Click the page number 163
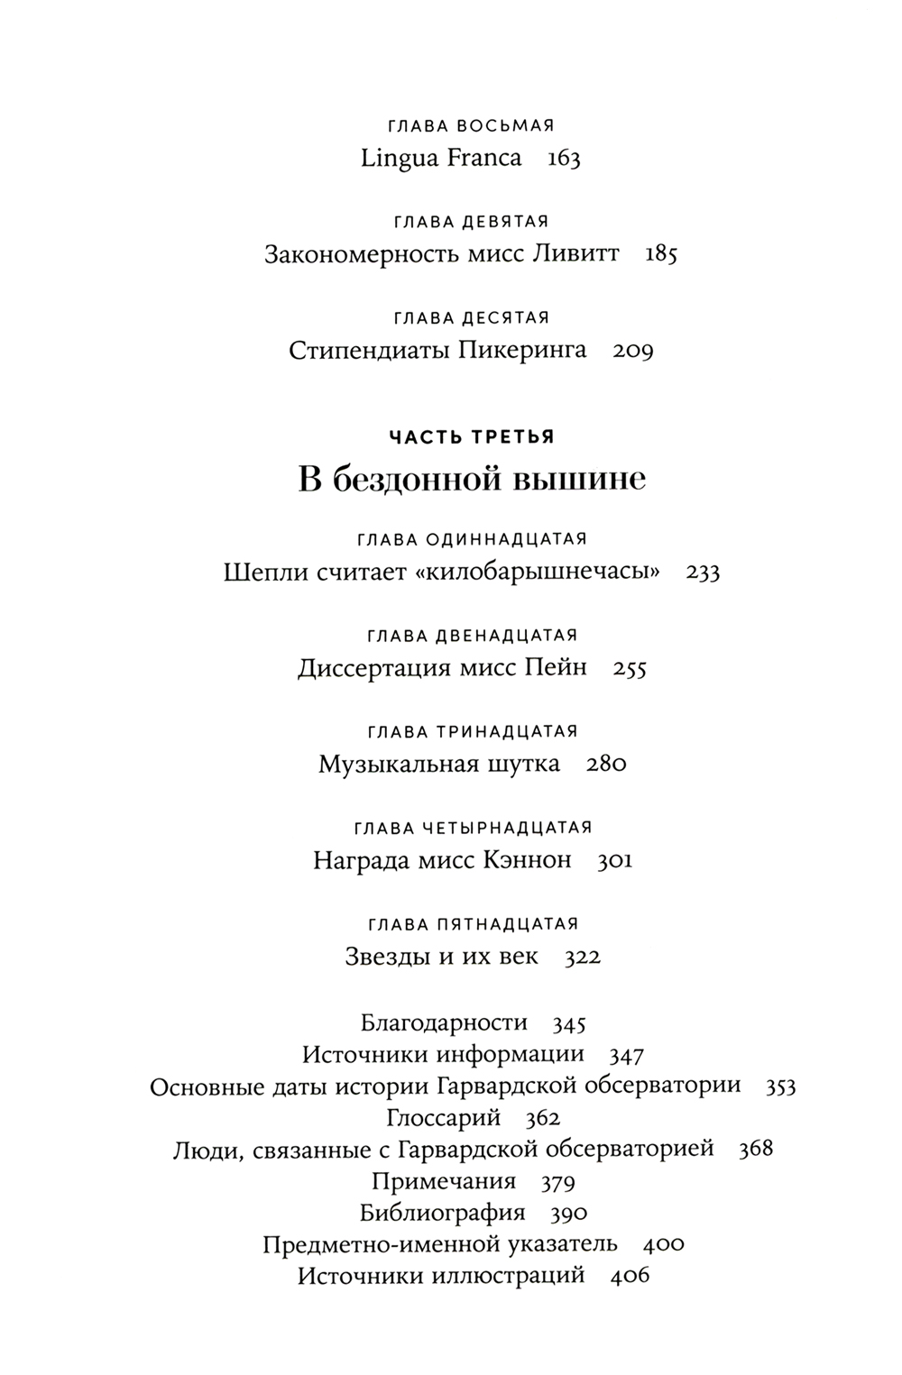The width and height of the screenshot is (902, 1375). point(564,159)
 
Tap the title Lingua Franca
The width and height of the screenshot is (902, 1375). point(441,159)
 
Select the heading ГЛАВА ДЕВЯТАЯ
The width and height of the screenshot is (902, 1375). point(471,222)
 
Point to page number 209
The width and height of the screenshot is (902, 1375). point(632,351)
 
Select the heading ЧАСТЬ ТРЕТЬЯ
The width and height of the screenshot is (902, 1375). point(471,437)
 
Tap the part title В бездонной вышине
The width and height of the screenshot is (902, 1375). point(472,479)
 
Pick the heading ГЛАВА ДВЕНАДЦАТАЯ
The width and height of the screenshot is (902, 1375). point(472,636)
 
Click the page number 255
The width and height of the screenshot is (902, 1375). point(630,669)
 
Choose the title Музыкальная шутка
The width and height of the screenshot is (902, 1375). point(439,765)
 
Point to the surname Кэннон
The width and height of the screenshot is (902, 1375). point(528,861)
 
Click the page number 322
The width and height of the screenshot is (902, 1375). point(583,958)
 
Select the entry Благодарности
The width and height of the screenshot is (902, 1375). point(444,1022)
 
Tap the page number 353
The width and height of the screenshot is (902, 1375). point(780,1086)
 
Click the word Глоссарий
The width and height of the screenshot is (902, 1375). point(444,1119)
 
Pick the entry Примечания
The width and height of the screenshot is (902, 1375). point(444,1181)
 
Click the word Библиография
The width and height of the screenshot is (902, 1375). point(442,1213)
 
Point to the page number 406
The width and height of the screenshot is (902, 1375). point(630,1277)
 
